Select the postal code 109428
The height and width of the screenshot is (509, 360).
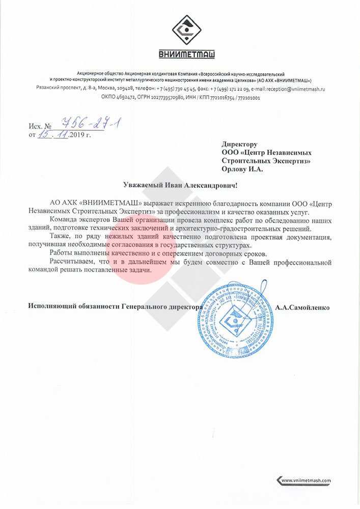[124, 89]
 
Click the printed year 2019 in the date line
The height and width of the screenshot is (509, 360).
[77, 135]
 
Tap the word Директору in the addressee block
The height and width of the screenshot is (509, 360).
[239, 145]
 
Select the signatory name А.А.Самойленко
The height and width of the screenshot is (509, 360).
[302, 307]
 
